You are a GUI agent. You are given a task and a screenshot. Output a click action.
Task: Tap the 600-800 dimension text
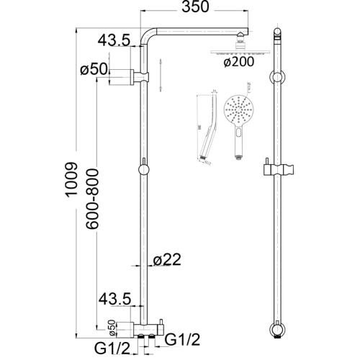coord(91,197)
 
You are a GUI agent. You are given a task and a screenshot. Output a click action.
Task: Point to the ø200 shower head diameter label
coord(238,63)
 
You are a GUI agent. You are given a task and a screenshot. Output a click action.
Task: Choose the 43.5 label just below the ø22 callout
coord(114,297)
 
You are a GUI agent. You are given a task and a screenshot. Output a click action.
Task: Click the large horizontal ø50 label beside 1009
coord(94,70)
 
